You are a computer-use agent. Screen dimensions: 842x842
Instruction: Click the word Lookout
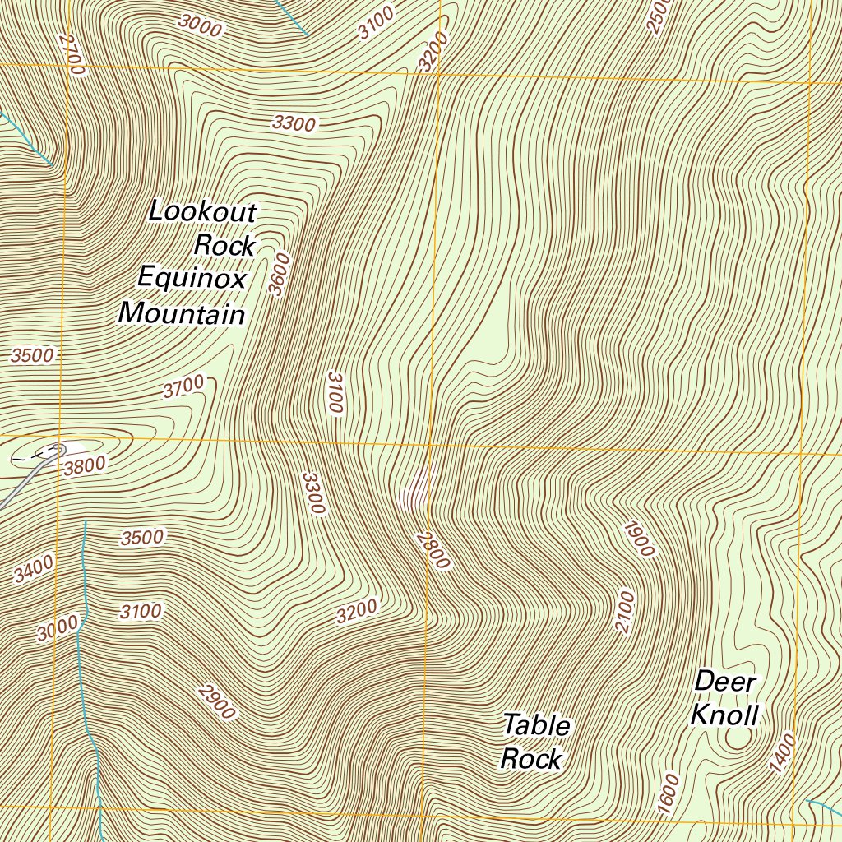click(202, 212)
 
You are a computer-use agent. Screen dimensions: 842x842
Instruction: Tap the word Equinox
click(192, 279)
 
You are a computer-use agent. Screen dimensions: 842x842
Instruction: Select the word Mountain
click(182, 313)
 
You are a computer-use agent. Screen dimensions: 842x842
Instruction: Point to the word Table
click(536, 725)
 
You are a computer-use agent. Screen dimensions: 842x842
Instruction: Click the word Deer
click(725, 682)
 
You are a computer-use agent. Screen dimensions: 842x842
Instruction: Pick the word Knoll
click(724, 715)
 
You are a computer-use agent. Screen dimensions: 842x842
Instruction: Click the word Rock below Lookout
click(224, 245)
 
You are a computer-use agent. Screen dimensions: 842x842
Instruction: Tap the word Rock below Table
click(531, 758)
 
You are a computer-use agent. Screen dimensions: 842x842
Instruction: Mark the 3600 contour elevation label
click(280, 274)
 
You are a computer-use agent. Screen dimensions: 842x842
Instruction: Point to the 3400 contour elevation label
click(34, 569)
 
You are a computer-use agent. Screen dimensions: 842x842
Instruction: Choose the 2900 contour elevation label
click(217, 701)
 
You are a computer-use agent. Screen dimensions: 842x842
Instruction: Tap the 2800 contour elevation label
click(433, 550)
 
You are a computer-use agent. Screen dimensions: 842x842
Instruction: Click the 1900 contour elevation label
click(639, 539)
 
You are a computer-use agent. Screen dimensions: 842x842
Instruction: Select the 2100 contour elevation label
click(625, 612)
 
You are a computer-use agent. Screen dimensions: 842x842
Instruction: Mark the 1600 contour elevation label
click(669, 795)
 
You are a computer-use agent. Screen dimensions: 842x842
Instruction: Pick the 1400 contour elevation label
click(783, 753)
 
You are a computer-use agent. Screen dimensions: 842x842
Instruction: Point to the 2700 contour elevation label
click(72, 55)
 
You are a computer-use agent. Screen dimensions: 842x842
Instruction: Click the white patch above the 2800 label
click(414, 491)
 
